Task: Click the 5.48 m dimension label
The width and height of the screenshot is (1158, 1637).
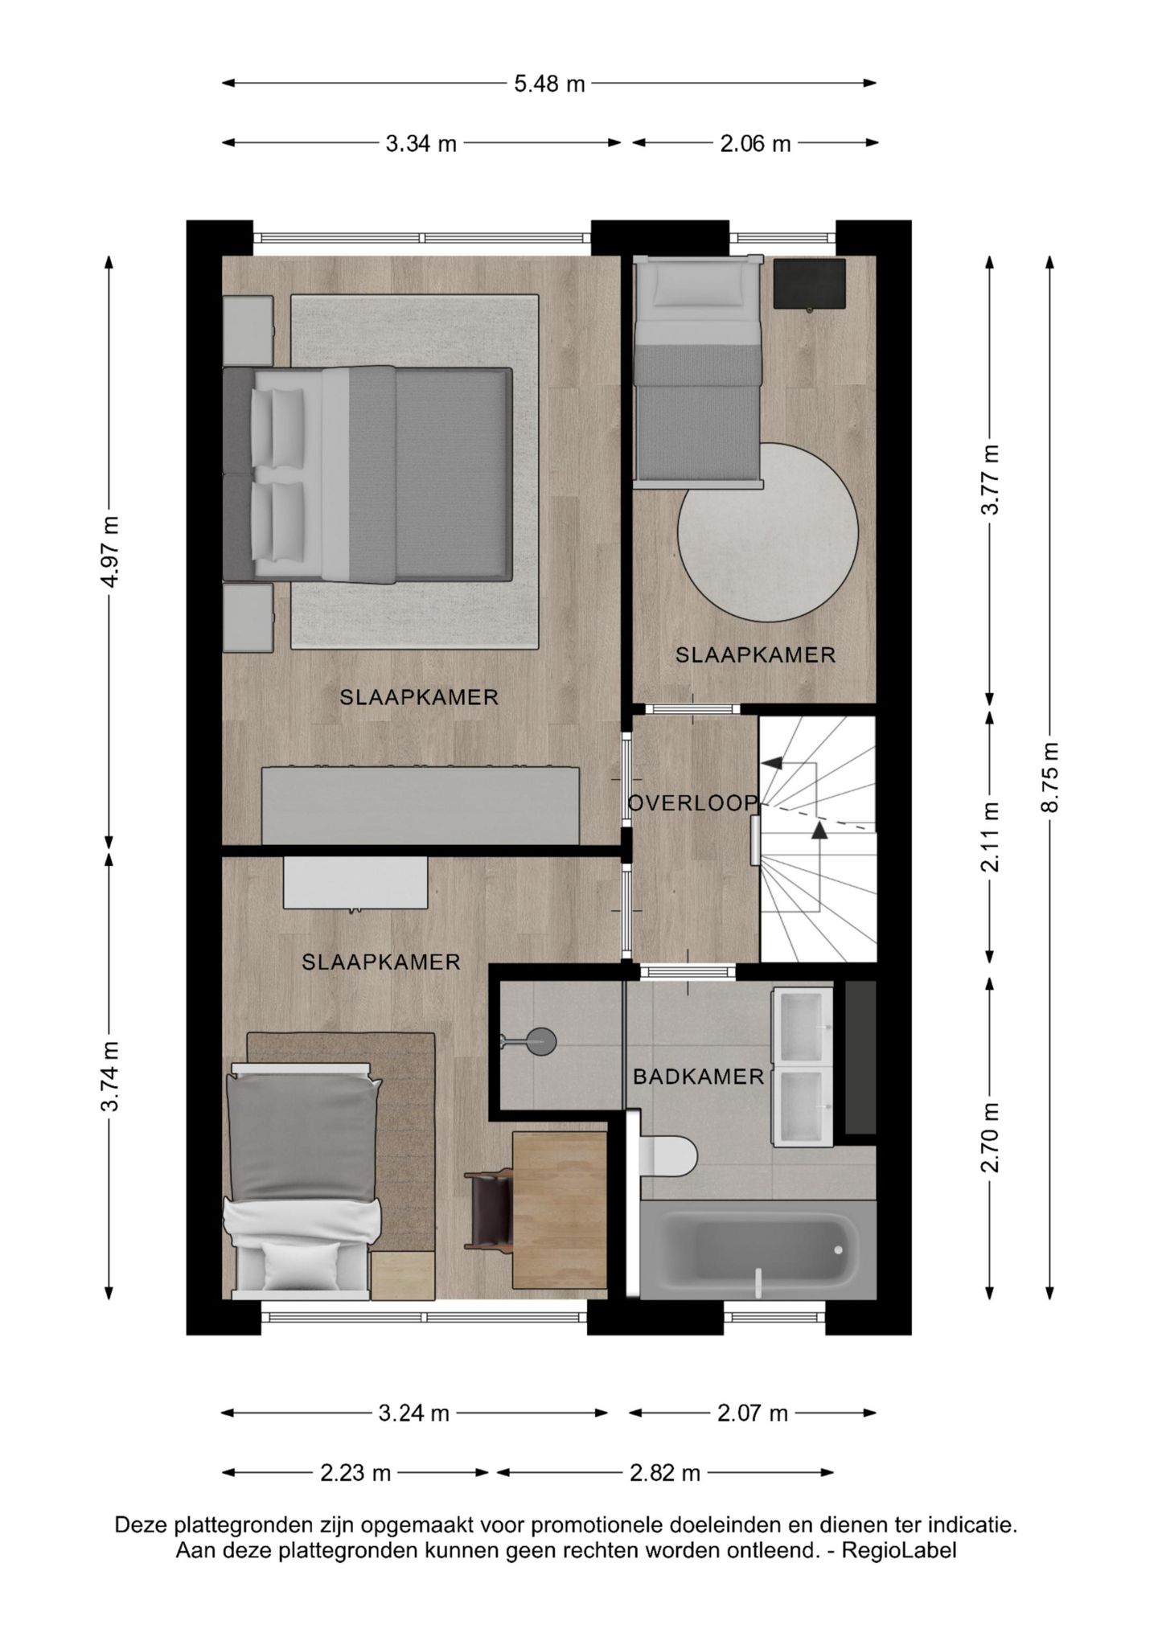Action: point(549,83)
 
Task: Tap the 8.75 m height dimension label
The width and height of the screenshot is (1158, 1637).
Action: point(1049,777)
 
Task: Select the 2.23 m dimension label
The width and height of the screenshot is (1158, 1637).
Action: point(355,1473)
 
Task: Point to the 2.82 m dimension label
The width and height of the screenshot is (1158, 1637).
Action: point(665,1473)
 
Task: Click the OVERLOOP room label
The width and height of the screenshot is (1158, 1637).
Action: point(692,802)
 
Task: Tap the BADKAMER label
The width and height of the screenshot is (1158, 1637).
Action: point(698,1077)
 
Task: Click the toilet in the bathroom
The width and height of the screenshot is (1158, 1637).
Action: point(669,1155)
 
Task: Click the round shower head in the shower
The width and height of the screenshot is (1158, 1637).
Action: point(541,1042)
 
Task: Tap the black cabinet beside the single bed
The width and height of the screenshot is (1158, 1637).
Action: point(809,283)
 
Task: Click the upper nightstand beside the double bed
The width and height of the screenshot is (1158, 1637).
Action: point(248,330)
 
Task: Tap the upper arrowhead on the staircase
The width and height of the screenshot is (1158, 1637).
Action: point(773,762)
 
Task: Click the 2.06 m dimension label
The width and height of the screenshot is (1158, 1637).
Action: point(755,144)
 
